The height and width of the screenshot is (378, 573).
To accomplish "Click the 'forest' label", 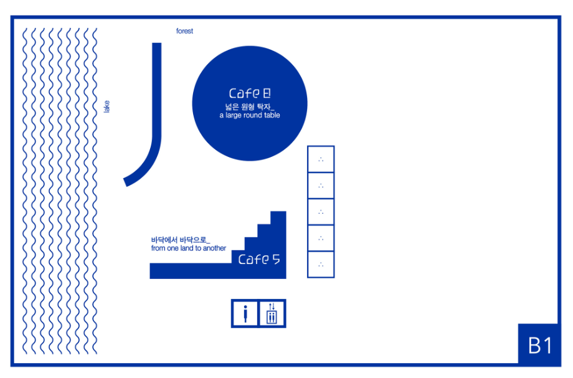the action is pyautogui.click(x=184, y=31).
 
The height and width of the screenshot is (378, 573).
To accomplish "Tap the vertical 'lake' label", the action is pyautogui.click(x=107, y=106).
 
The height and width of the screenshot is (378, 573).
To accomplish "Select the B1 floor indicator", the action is pyautogui.click(x=540, y=345).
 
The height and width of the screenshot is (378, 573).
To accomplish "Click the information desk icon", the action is pyautogui.click(x=245, y=314).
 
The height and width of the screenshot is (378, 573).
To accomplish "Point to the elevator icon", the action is pyautogui.click(x=272, y=314).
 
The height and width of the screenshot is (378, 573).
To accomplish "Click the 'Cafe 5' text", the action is pyautogui.click(x=259, y=259).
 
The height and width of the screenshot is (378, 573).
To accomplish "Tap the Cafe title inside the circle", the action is pyautogui.click(x=250, y=93).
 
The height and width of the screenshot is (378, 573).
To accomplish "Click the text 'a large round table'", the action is pyautogui.click(x=250, y=115).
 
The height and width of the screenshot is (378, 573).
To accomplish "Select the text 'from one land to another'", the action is pyautogui.click(x=189, y=248).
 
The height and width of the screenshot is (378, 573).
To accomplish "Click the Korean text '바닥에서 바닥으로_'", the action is pyautogui.click(x=181, y=240).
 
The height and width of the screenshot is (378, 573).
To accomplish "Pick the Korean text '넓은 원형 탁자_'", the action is pyautogui.click(x=250, y=106).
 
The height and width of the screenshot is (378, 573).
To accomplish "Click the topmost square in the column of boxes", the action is pyautogui.click(x=321, y=159).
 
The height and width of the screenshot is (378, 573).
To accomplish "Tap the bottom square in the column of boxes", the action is pyautogui.click(x=321, y=265).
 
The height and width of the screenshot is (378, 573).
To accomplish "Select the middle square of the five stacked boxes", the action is pyautogui.click(x=321, y=212).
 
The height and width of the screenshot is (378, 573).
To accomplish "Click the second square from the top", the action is pyautogui.click(x=321, y=186).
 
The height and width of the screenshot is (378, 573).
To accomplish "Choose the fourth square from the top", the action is pyautogui.click(x=321, y=238).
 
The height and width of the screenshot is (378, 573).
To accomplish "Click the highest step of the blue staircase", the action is pyautogui.click(x=278, y=218).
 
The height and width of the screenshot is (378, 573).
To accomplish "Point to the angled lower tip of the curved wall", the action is pyautogui.click(x=125, y=182).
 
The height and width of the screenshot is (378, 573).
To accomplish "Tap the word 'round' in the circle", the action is pyautogui.click(x=256, y=115).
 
